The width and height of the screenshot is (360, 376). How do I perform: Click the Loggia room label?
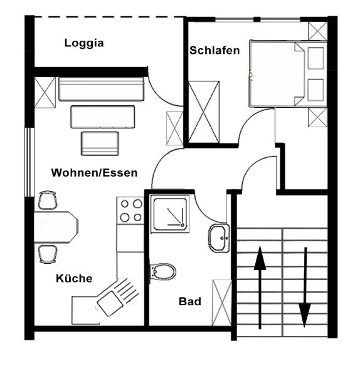84,43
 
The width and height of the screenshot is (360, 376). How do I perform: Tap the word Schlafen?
214,50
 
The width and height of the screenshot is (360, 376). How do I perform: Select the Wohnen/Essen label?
94,173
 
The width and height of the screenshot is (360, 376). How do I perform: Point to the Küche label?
74,278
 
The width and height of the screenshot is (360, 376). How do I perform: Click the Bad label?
190,301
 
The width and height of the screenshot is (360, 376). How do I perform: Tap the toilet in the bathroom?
162,271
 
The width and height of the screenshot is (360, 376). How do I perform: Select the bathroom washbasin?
219,238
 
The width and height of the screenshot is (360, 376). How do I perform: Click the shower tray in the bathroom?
170,214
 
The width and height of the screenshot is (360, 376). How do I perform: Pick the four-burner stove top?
130,211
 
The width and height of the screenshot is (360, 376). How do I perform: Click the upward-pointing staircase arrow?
260,287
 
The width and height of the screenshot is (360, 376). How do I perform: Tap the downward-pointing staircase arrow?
305,287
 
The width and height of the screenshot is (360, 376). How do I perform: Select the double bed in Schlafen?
289,73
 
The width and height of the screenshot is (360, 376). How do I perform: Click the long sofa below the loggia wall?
102,89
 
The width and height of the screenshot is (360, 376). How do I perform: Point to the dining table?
56,227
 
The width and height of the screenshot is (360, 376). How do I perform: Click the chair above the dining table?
48,201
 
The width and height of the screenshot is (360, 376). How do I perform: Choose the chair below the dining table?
48,254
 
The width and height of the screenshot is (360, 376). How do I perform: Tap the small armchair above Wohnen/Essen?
100,144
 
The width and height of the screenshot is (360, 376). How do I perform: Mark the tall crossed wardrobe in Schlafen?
204,112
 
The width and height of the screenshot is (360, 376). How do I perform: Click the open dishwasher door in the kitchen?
118,296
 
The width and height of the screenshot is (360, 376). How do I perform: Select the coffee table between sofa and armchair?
102,117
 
